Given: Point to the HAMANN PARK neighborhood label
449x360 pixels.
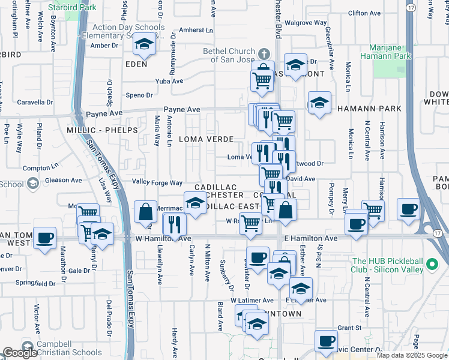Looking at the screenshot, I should point(368,109).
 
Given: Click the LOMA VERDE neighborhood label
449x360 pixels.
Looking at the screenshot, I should point(206,139).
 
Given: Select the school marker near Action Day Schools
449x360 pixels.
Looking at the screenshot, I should point(144,44).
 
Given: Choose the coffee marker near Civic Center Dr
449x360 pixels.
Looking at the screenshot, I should point(327,341).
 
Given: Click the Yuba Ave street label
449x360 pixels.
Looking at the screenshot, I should point(169,81).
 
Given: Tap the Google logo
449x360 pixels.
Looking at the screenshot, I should point(20,353).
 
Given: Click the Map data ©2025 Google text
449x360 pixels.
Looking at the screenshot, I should point(412,355).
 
